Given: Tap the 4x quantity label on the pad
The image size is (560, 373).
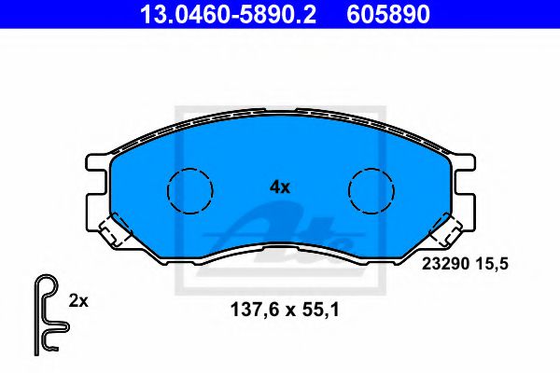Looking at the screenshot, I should pos(280,186).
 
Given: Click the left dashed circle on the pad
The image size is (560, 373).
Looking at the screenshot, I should pos(189,192).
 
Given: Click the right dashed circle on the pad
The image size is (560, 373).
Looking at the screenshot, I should pos(372,192).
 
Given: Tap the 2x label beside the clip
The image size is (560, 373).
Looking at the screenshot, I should pos(78,300).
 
